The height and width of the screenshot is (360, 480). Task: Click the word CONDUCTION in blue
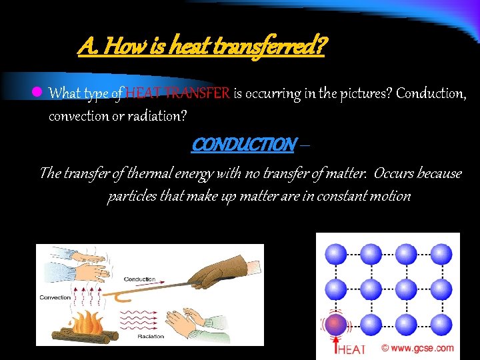click(x=243, y=144)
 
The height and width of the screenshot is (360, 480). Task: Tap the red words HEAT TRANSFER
click(x=178, y=93)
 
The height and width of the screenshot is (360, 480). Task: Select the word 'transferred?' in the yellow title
click(x=281, y=47)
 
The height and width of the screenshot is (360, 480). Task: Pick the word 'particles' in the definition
click(x=133, y=197)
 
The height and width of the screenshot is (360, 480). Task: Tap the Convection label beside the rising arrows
click(x=56, y=297)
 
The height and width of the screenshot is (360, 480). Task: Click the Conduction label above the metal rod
click(x=140, y=279)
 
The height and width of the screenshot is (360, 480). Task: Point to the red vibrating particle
click(x=336, y=325)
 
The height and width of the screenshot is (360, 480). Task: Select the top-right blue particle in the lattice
click(x=440, y=253)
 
